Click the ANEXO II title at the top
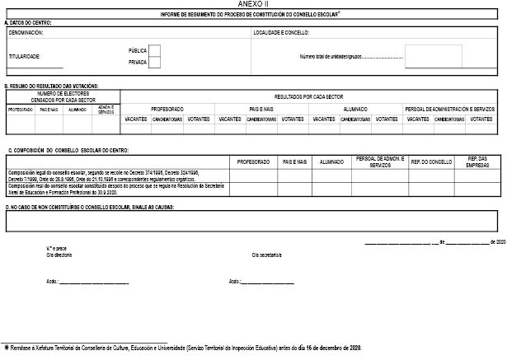pyautogui.click(x=253, y=5)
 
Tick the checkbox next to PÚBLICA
pyautogui.click(x=154, y=50)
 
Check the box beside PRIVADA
pyautogui.click(x=154, y=62)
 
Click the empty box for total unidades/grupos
pyautogui.click(x=428, y=58)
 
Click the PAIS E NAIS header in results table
pyautogui.click(x=261, y=108)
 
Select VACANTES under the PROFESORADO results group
pyautogui.click(x=136, y=119)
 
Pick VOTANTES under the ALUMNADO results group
pyautogui.click(x=385, y=119)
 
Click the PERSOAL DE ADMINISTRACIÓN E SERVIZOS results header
pyautogui.click(x=449, y=108)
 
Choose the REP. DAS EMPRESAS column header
pyautogui.click(x=477, y=162)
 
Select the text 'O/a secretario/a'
pyautogui.click(x=266, y=255)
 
